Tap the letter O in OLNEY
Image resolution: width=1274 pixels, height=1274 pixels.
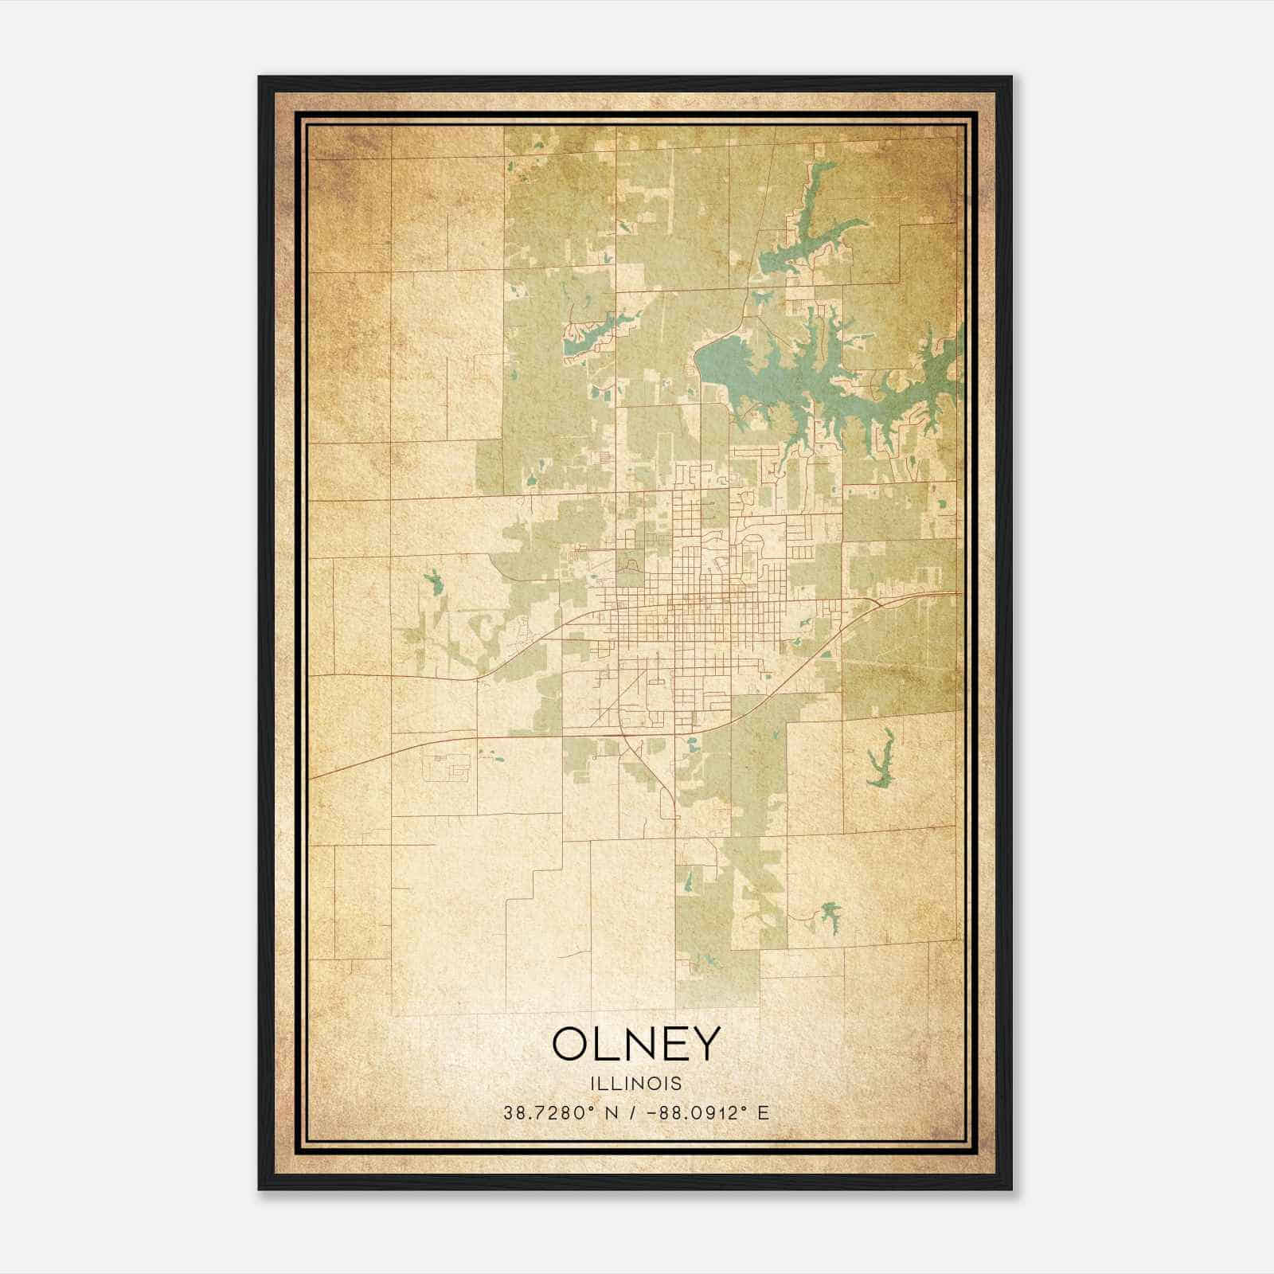571,1044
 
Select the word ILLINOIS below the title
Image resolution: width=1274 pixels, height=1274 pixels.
635,1084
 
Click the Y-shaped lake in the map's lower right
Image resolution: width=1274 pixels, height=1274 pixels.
880,760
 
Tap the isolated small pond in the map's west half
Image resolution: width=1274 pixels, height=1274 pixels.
434,582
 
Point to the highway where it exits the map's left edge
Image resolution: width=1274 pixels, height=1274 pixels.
312,777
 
